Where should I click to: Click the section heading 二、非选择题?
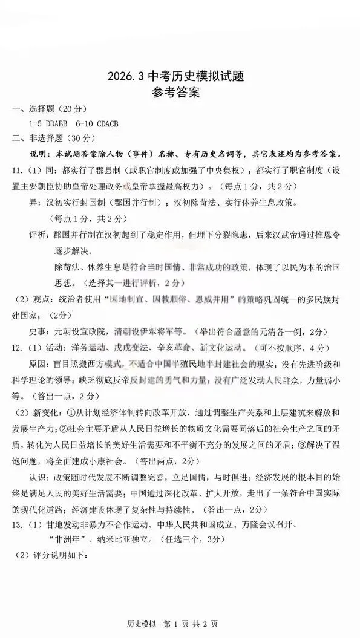38,138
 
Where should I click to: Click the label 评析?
38,233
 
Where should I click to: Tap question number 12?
18,348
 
